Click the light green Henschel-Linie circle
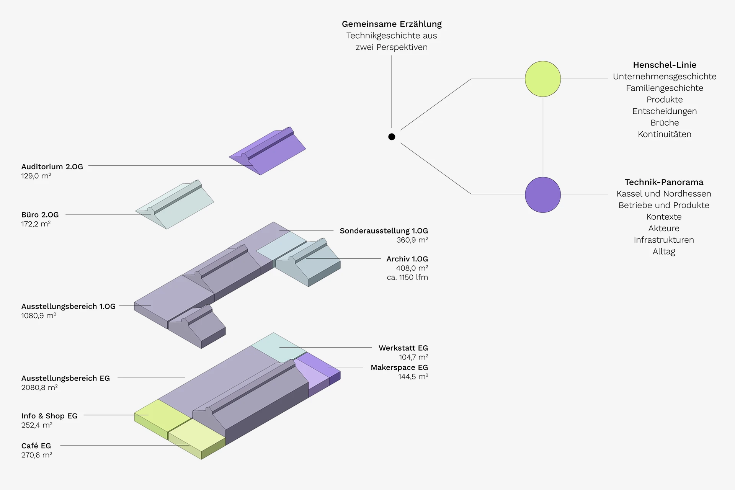[543, 79]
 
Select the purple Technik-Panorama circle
[543, 195]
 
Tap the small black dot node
[392, 137]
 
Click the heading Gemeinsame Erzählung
[392, 24]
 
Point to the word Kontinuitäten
[665, 134]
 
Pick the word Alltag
[664, 252]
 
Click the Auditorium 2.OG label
[52, 167]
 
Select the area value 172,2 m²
[36, 224]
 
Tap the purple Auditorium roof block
[268, 151]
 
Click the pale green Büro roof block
[175, 204]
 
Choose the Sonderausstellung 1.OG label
[384, 231]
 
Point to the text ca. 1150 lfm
[407, 277]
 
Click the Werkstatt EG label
[403, 348]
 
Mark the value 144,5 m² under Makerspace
[413, 377]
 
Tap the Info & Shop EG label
[49, 416]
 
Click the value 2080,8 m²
[39, 387]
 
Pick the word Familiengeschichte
[665, 88]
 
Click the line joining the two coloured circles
[543, 137]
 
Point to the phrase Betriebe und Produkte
[664, 205]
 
